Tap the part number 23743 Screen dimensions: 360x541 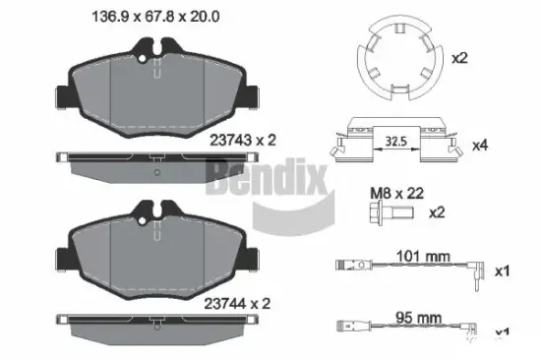(231, 140)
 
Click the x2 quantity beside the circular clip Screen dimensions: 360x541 (458, 58)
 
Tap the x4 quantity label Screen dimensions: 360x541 (479, 146)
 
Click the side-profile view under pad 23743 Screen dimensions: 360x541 (160, 159)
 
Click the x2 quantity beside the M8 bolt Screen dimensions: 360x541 (438, 212)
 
